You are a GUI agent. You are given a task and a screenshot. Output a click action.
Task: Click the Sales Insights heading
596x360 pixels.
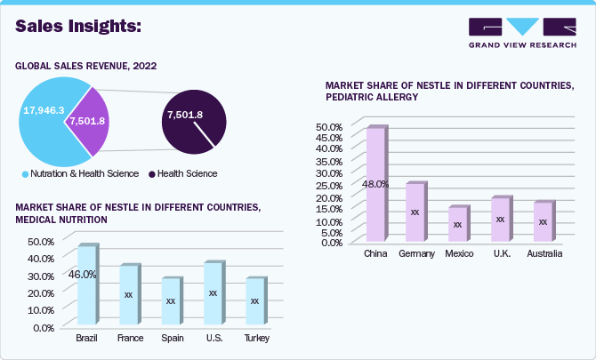[78, 27]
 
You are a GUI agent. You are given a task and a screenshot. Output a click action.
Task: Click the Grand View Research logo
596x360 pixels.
[521, 32]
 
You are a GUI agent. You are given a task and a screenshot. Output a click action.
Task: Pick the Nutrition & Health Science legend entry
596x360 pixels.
[79, 173]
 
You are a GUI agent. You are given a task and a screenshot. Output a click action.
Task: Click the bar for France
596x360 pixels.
[128, 295]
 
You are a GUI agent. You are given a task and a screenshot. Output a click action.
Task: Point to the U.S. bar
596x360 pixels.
[213, 293]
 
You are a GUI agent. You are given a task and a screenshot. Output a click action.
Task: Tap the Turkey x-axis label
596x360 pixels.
[256, 339]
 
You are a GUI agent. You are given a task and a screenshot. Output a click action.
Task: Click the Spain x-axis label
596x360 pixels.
[173, 339]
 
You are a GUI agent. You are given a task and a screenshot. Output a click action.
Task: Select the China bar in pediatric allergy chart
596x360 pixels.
[375, 185]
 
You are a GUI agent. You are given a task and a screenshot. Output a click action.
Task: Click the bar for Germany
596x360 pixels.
[415, 212]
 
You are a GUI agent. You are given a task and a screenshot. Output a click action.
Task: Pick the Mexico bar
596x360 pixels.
[457, 224]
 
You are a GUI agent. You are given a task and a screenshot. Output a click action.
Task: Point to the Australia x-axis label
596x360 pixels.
[544, 254]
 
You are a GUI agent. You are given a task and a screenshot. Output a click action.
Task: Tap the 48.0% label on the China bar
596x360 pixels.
[375, 185]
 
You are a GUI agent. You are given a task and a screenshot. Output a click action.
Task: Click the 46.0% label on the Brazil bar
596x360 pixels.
[83, 275]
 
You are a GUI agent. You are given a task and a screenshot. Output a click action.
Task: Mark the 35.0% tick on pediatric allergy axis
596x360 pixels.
[329, 158]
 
